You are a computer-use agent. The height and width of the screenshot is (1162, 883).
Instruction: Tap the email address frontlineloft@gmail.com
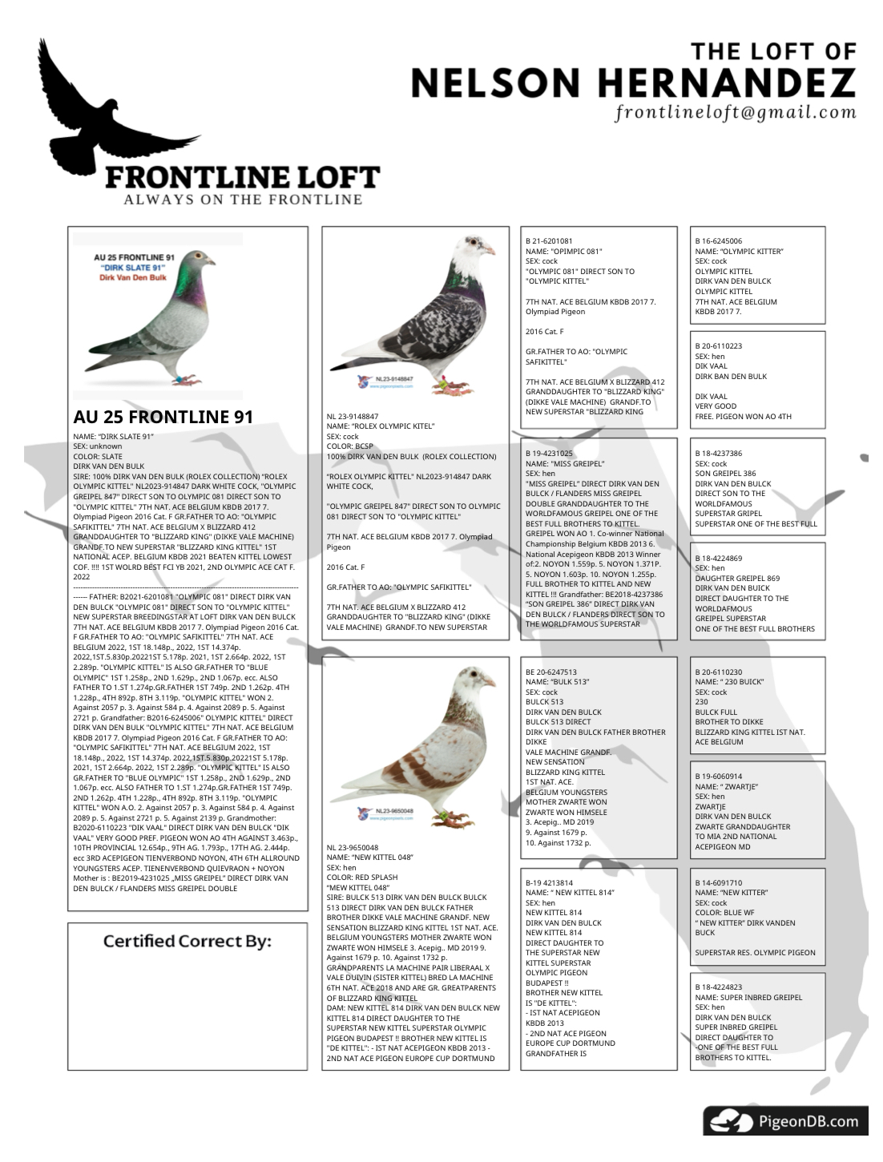[736, 113]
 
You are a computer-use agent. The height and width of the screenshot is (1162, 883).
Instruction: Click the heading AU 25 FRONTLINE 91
[163, 417]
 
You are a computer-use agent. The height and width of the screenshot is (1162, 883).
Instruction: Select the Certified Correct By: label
[187, 941]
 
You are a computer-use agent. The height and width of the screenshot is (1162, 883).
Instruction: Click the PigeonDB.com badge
[785, 1121]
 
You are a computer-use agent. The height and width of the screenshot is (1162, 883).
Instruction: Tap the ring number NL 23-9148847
[353, 417]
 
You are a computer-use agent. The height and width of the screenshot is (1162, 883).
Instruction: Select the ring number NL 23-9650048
[353, 847]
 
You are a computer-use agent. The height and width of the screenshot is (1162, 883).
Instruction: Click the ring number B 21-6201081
[549, 241]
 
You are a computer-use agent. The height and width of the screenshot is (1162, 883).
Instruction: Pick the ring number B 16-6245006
[719, 241]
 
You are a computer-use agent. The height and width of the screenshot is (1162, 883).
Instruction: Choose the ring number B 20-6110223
[719, 346]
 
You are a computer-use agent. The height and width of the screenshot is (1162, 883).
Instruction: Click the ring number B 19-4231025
[549, 454]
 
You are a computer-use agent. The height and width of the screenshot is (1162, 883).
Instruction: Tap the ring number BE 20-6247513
[551, 672]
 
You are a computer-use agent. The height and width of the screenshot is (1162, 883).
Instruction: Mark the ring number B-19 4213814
[549, 882]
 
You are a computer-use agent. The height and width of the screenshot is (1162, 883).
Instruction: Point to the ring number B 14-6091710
[719, 882]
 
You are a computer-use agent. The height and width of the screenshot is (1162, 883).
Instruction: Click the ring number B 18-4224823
[719, 987]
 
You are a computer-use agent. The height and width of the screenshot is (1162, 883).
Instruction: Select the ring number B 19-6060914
[719, 777]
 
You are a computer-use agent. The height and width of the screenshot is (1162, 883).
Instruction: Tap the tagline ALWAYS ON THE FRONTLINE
[243, 200]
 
